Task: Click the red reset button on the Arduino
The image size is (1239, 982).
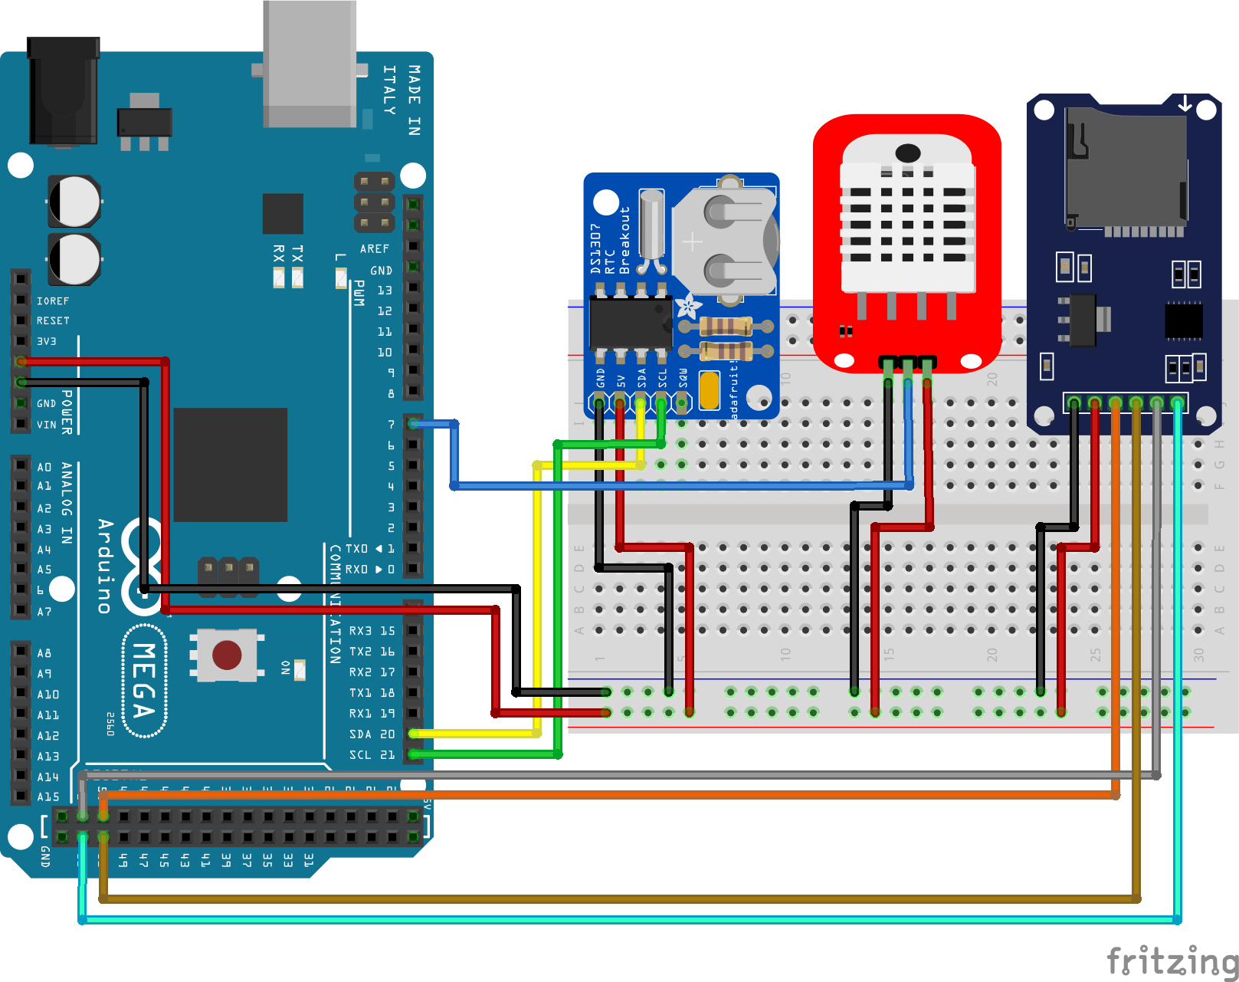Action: tap(227, 655)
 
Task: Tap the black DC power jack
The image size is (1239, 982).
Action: tap(63, 92)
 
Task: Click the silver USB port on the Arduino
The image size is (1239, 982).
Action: tap(310, 65)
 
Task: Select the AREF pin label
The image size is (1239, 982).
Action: tap(375, 249)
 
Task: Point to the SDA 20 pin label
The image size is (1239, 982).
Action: tap(372, 734)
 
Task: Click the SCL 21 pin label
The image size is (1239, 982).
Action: tap(372, 755)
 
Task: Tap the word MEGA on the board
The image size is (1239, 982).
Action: tap(145, 681)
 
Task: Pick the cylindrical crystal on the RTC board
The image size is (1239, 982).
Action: tap(651, 226)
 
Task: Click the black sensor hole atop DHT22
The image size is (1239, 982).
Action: tap(907, 152)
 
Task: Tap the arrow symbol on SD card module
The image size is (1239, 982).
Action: tap(1185, 103)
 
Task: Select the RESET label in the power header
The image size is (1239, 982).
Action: tap(53, 321)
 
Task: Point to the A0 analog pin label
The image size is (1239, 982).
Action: tap(44, 467)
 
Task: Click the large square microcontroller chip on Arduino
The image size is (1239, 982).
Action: tap(230, 465)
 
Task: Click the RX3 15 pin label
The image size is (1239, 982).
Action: tap(372, 631)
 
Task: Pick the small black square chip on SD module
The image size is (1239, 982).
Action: tap(1183, 320)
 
